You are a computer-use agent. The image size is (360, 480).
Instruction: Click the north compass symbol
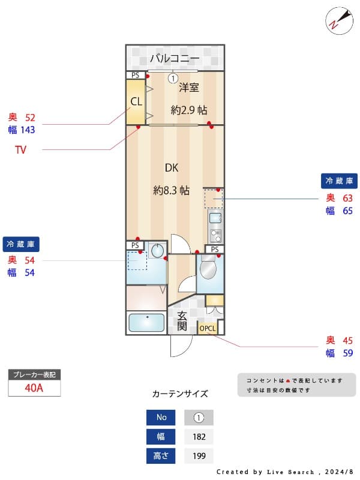click(x=337, y=20)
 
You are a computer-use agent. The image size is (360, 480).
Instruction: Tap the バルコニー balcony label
click(x=175, y=58)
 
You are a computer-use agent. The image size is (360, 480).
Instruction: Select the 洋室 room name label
click(x=188, y=88)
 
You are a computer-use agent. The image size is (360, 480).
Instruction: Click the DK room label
click(x=172, y=168)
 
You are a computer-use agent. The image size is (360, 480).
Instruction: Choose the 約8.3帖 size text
click(x=172, y=190)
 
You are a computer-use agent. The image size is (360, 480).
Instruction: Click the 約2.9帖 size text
click(x=189, y=110)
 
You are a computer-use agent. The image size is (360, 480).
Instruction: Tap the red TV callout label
click(x=20, y=150)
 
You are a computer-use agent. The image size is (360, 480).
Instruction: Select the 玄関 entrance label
click(x=182, y=321)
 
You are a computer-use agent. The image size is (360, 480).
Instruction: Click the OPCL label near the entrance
click(x=208, y=328)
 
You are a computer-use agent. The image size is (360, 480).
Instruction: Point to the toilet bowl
click(x=208, y=269)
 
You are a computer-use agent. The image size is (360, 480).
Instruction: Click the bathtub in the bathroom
click(x=146, y=322)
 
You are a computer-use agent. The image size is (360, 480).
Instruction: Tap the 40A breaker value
click(x=34, y=388)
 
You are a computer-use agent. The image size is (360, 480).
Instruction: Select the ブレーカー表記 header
click(x=34, y=374)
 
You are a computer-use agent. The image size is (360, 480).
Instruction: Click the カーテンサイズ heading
click(x=180, y=394)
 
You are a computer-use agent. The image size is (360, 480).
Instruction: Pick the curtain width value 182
click(x=199, y=437)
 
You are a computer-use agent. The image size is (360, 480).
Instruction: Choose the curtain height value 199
click(x=199, y=456)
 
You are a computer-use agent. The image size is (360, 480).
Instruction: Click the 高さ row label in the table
click(x=161, y=456)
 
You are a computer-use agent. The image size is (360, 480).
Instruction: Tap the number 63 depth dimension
click(x=347, y=198)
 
